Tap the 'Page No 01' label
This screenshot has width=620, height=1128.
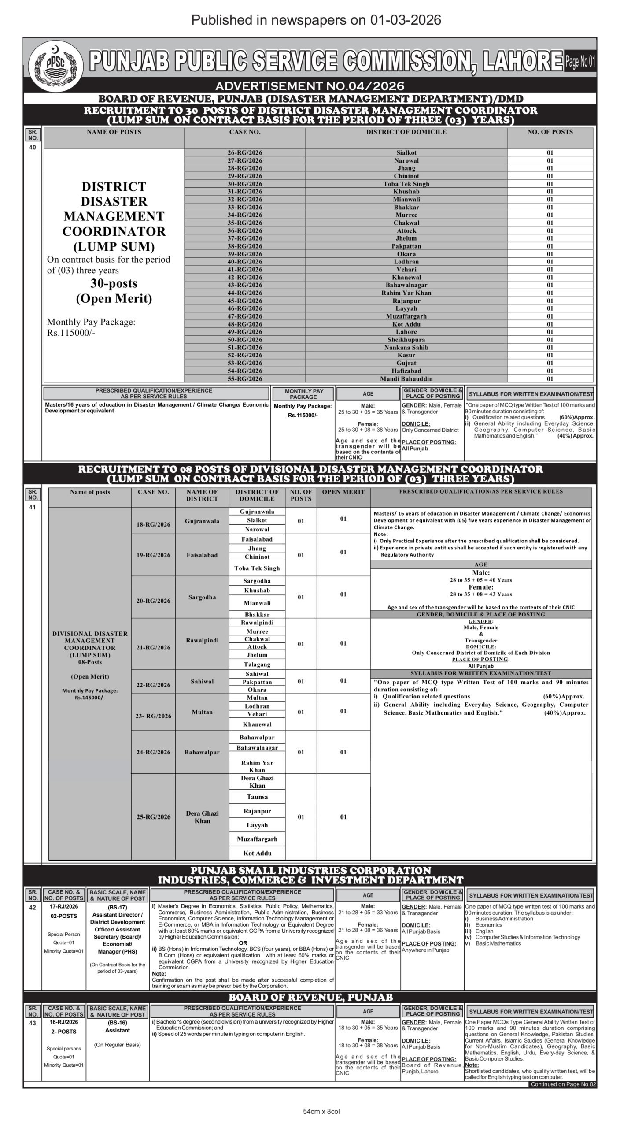point(580,62)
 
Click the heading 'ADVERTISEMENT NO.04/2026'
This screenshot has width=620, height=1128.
point(310,85)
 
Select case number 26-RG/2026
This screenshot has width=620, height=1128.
point(245,152)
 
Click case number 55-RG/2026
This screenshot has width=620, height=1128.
point(245,378)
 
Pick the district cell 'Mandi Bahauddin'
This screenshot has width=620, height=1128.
point(406,378)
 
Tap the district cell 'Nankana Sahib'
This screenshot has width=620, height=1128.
point(406,347)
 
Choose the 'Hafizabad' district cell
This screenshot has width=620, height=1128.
point(406,371)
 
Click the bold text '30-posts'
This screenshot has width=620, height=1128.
point(114,283)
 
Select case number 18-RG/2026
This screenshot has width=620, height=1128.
point(153,524)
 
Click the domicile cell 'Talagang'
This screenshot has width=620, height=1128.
point(257,664)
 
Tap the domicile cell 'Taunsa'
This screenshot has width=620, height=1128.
point(257,797)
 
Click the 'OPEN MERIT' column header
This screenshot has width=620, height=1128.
point(343,492)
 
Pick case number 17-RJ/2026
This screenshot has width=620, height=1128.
point(64,906)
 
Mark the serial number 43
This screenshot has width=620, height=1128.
point(33,1023)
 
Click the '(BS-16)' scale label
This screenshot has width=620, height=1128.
point(117,1022)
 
